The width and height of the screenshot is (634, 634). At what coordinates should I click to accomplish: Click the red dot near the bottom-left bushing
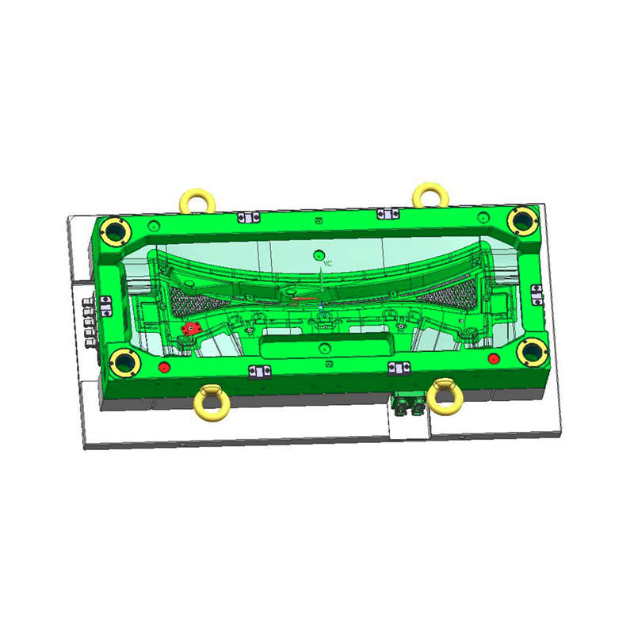[x=164, y=367]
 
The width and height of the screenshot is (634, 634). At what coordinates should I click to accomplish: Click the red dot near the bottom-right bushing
[x=494, y=358]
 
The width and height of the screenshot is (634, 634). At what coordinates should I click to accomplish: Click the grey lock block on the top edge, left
[x=248, y=217]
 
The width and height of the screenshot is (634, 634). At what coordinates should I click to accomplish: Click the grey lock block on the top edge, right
[x=387, y=212]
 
